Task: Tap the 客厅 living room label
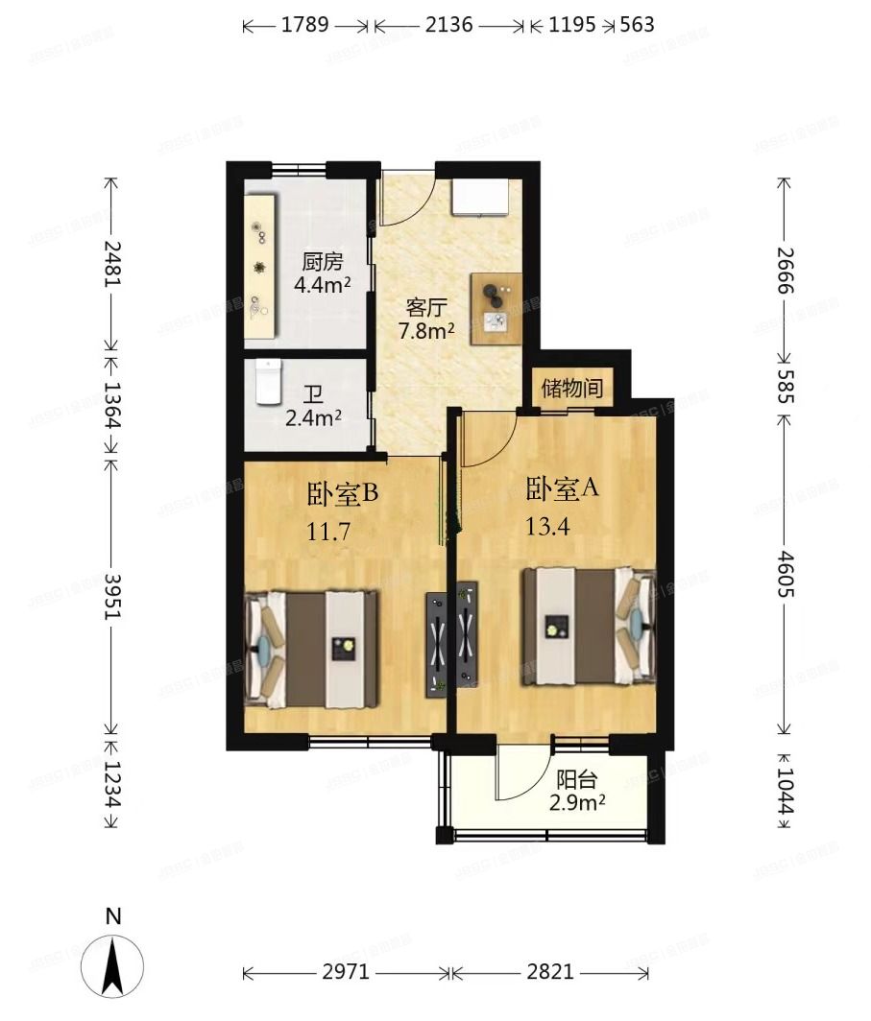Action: pyautogui.click(x=427, y=308)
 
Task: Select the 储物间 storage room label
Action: pyautogui.click(x=572, y=389)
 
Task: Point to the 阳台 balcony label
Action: pyautogui.click(x=576, y=780)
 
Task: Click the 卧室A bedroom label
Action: pyautogui.click(x=562, y=488)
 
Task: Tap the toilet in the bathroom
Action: pyautogui.click(x=268, y=383)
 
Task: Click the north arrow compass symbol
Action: pyautogui.click(x=113, y=963)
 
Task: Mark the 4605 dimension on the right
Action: pyautogui.click(x=785, y=573)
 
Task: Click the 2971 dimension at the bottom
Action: pyautogui.click(x=345, y=972)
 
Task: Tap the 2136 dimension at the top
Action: pyautogui.click(x=448, y=25)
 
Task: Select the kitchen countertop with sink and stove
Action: pyautogui.click(x=260, y=266)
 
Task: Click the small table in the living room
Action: pyautogui.click(x=497, y=308)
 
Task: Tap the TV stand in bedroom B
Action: pyautogui.click(x=437, y=644)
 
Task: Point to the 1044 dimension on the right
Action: pyautogui.click(x=785, y=790)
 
